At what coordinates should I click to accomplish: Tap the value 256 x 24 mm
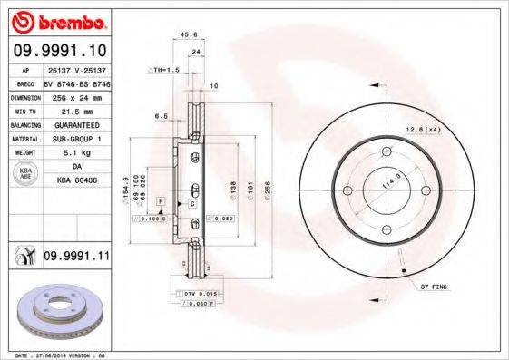(x=76, y=95)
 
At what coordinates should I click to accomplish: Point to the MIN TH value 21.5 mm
(x=76, y=110)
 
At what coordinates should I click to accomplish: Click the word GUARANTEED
(x=76, y=124)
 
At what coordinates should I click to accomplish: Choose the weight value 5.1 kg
(x=76, y=153)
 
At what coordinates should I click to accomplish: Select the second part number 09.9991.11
(x=76, y=257)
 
